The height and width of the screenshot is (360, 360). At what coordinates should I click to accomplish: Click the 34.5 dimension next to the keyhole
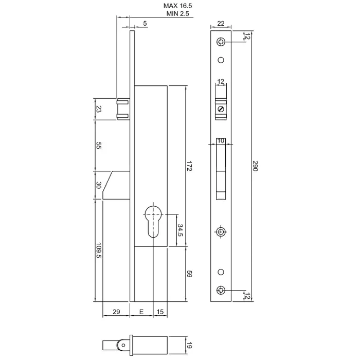tap(179, 229)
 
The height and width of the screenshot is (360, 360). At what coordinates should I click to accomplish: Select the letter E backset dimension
tap(141, 312)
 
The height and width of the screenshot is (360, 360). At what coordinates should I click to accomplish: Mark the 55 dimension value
tap(99, 146)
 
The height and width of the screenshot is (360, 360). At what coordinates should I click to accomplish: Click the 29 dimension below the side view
tap(116, 312)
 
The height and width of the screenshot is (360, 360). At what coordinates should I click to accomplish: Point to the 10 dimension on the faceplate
tap(221, 140)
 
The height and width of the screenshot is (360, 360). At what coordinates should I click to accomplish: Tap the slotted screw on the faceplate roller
tap(221, 109)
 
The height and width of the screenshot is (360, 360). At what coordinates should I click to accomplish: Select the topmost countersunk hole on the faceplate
tap(221, 42)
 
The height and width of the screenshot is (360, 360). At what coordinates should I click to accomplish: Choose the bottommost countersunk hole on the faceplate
tap(221, 290)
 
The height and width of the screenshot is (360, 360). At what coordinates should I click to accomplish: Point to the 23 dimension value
tap(99, 109)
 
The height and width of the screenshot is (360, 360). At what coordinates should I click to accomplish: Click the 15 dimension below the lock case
tap(160, 312)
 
